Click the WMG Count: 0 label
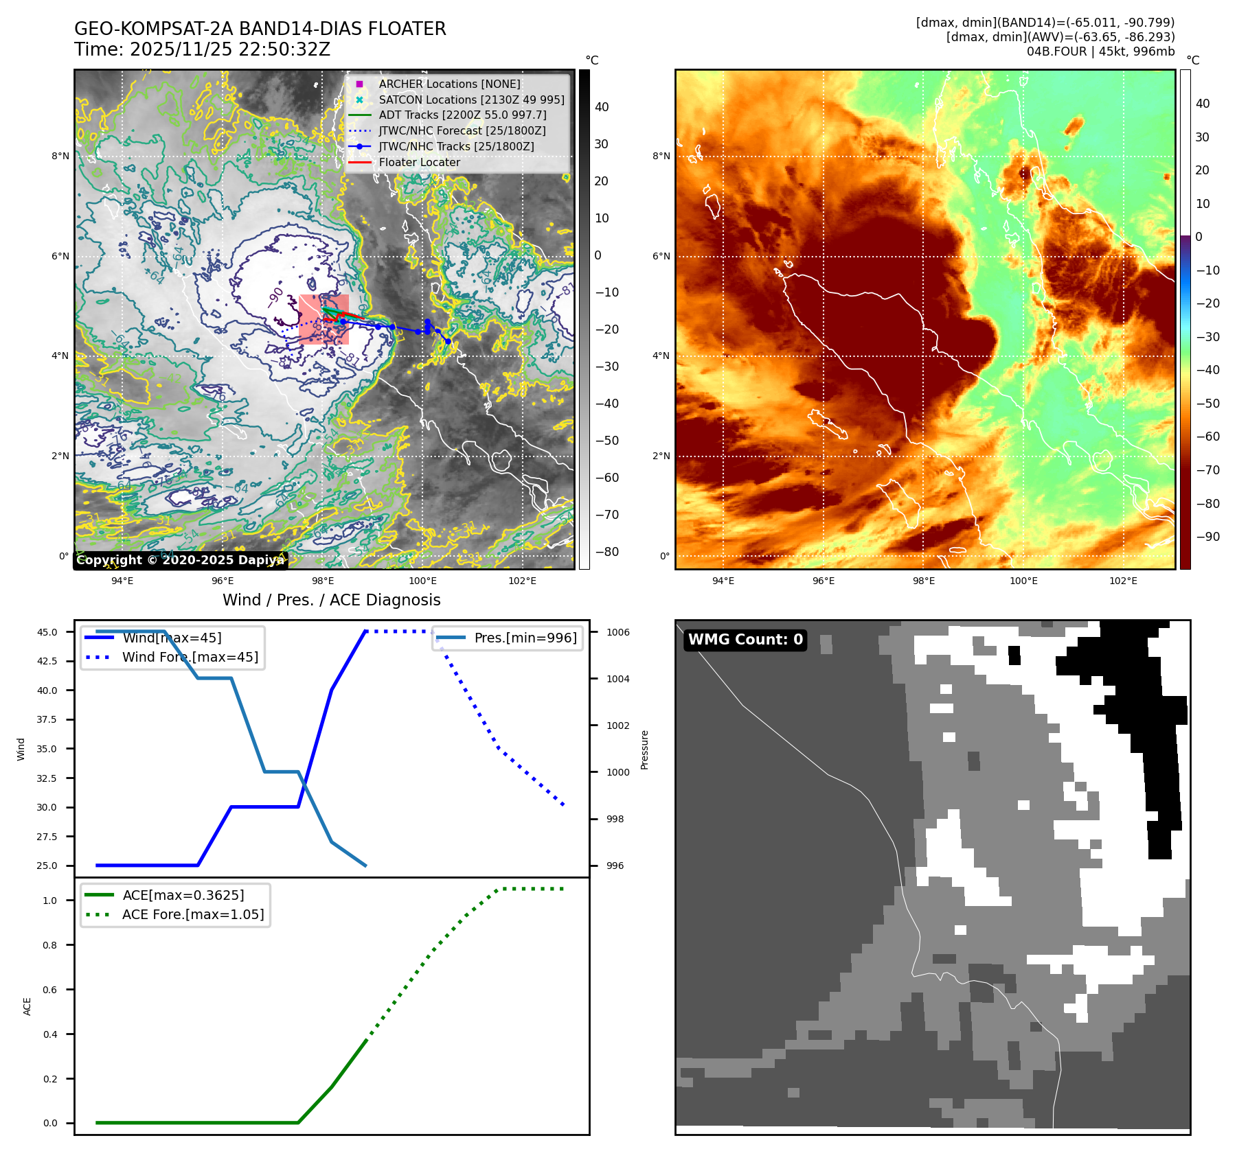pos(745,640)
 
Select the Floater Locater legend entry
pos(419,163)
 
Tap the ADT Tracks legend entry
pos(462,115)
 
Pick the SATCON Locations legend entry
pos(471,100)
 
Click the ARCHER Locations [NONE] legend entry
pos(449,84)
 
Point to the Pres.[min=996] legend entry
pos(525,638)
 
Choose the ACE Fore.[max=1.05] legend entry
pos(192,914)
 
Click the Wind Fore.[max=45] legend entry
pos(190,657)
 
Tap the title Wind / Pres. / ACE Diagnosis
pos(331,600)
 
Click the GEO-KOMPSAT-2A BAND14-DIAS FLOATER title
pos(260,29)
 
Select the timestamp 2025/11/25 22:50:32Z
pos(229,49)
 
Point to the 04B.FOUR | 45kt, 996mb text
pos(1100,51)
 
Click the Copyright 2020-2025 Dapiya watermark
pos(180,560)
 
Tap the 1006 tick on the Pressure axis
pos(618,632)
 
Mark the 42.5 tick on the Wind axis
pos(47,662)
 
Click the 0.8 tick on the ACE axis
pos(50,945)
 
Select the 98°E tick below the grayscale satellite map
pos(323,581)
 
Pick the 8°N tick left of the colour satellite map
pos(661,156)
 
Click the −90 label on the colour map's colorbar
pos(1207,537)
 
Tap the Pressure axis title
pos(644,750)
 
